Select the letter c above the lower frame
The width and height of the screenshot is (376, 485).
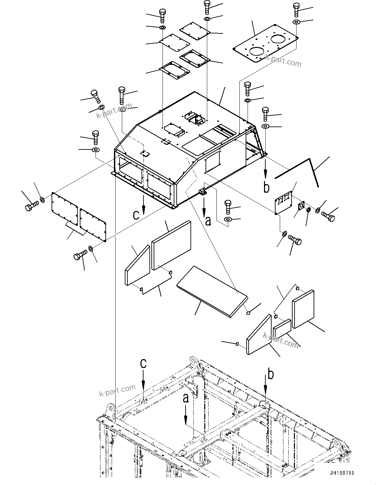click(143, 364)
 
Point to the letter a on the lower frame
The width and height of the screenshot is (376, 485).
click(186, 398)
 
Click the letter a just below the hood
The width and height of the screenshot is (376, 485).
click(208, 221)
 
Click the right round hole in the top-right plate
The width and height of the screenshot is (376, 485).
click(279, 39)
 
